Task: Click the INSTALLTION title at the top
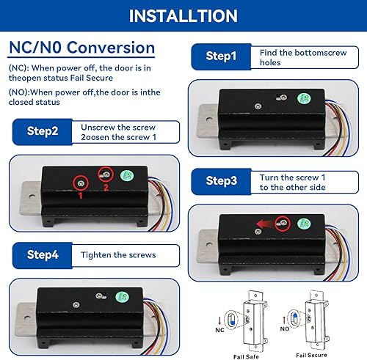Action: click(x=183, y=15)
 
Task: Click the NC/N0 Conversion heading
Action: click(x=81, y=48)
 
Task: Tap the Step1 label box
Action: click(x=222, y=56)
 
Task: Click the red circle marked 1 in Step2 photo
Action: click(x=81, y=181)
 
